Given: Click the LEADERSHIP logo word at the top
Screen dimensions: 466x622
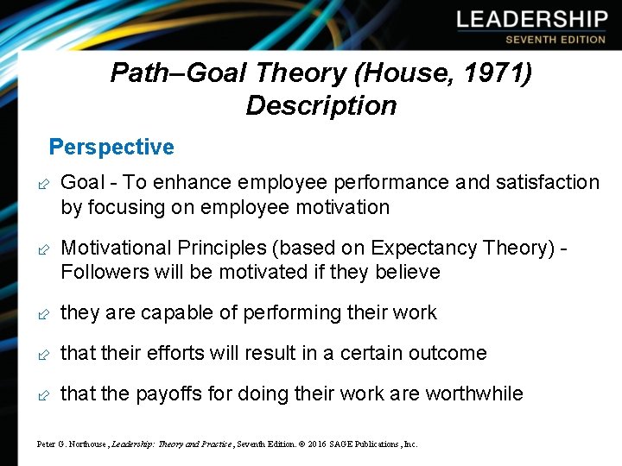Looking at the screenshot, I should (x=532, y=20).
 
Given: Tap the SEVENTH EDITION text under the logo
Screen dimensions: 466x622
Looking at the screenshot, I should (x=555, y=40).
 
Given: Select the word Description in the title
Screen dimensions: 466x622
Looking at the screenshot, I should (x=321, y=106).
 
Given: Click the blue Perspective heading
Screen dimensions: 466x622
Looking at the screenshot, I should (x=111, y=148).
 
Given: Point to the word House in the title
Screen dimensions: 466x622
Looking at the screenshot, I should (x=390, y=73).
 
